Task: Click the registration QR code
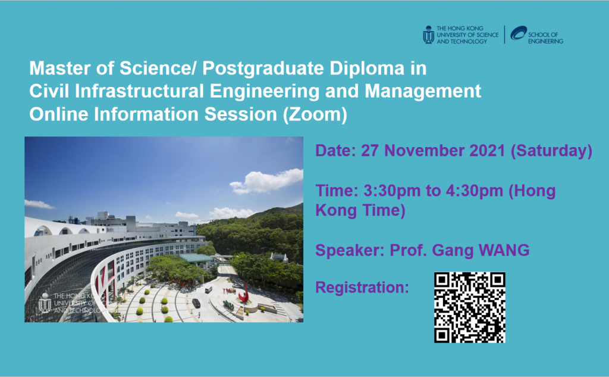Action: [x=470, y=307]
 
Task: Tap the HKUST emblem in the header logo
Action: [x=428, y=35]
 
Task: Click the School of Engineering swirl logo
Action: [x=519, y=33]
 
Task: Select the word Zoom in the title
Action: [x=315, y=114]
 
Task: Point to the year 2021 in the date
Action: [x=487, y=151]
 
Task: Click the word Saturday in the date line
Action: [x=551, y=151]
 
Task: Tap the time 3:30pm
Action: [x=392, y=191]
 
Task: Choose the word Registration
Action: [x=362, y=288]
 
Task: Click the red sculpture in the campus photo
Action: [x=244, y=292]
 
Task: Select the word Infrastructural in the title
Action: [x=139, y=91]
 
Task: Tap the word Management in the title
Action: [x=423, y=92]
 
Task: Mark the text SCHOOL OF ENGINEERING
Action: [x=545, y=38]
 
